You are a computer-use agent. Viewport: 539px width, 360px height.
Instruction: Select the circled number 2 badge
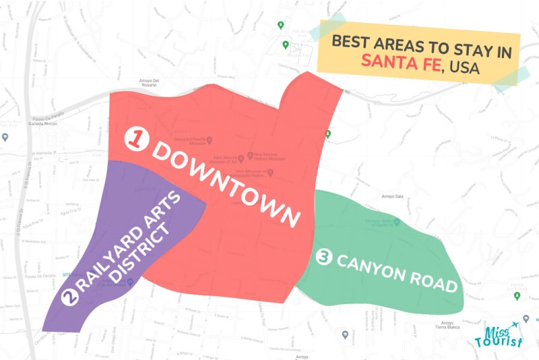pyautogui.click(x=68, y=297)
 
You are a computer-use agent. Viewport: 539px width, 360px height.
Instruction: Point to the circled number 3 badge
pyautogui.click(x=323, y=258)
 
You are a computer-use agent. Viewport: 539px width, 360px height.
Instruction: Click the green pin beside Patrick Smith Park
pyautogui.click(x=328, y=134)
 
